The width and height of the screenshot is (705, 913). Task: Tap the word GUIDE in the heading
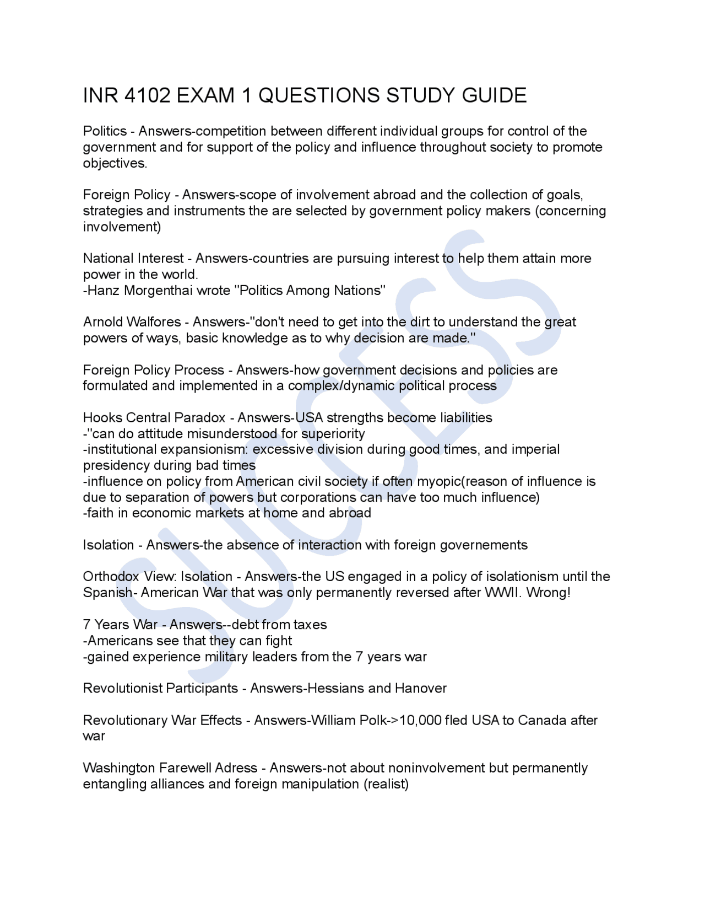494,96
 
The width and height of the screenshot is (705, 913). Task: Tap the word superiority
333,434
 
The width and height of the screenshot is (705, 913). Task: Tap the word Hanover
421,689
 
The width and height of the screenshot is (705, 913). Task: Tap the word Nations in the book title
359,291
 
